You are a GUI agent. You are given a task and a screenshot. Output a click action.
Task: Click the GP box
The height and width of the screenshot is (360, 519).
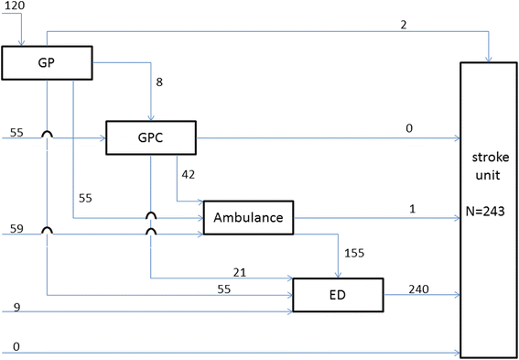tap(48, 62)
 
